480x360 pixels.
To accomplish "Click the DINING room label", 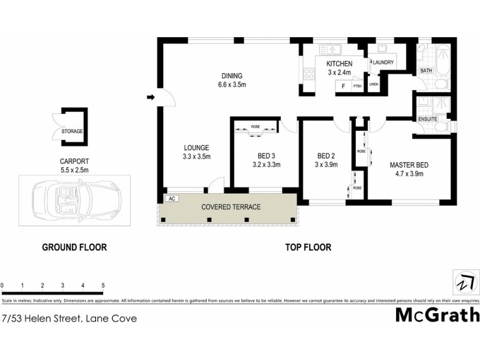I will [232, 76].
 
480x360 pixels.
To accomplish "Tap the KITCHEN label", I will [339, 64].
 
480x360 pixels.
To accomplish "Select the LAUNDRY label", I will [383, 62].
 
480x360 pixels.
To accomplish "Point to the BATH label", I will [426, 71].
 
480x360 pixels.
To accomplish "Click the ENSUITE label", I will [428, 119].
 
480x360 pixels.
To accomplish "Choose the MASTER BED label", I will [407, 166].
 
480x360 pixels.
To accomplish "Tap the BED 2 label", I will [326, 156].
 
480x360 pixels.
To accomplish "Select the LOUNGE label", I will [196, 148].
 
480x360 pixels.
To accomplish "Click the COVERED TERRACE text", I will [230, 207].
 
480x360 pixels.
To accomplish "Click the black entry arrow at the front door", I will [151, 97].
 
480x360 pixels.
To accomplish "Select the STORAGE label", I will [72, 131].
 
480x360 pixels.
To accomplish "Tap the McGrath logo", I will [437, 314].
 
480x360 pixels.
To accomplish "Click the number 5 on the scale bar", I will [104, 285].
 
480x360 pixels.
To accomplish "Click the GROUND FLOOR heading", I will [74, 247].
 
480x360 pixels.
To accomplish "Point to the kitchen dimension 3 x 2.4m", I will [339, 73].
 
